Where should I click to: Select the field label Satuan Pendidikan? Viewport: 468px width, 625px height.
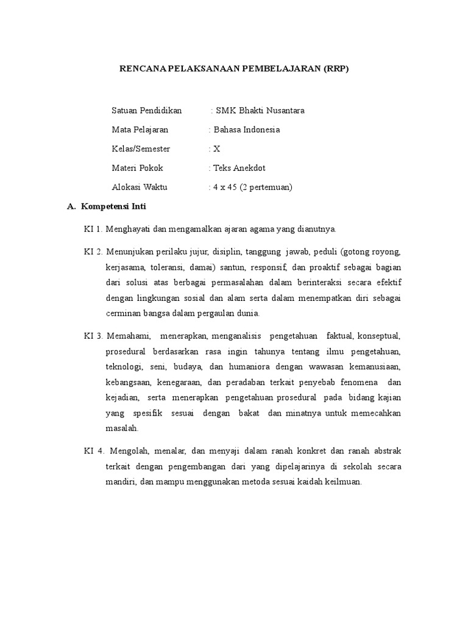[x=147, y=110]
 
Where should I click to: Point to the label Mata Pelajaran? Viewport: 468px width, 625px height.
[x=140, y=129]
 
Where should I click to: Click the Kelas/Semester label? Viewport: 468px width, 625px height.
[x=141, y=149]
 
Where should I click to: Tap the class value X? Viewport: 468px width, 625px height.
[x=217, y=149]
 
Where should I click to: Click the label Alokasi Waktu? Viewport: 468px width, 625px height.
[x=140, y=187]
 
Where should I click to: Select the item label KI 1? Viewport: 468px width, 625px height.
[x=93, y=229]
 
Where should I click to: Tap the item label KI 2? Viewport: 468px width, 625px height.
[x=93, y=251]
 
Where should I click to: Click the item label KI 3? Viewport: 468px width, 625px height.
[x=93, y=336]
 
